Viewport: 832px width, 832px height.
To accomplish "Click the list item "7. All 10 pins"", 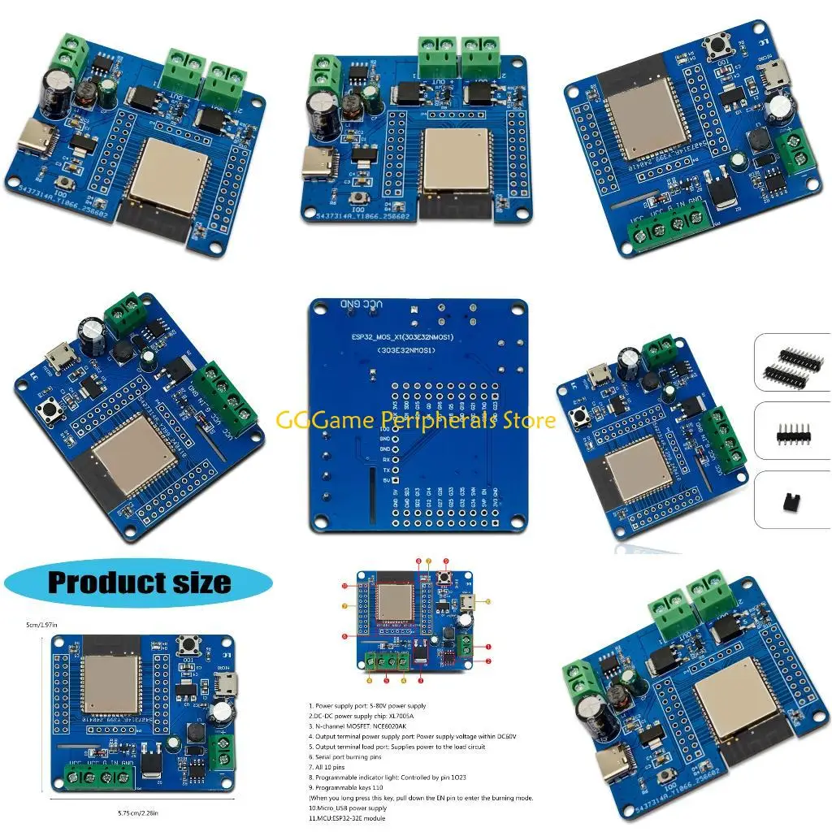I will [333, 766].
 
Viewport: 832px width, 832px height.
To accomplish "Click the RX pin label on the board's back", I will [384, 458].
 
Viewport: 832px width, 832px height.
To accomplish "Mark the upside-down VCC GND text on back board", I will [360, 304].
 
